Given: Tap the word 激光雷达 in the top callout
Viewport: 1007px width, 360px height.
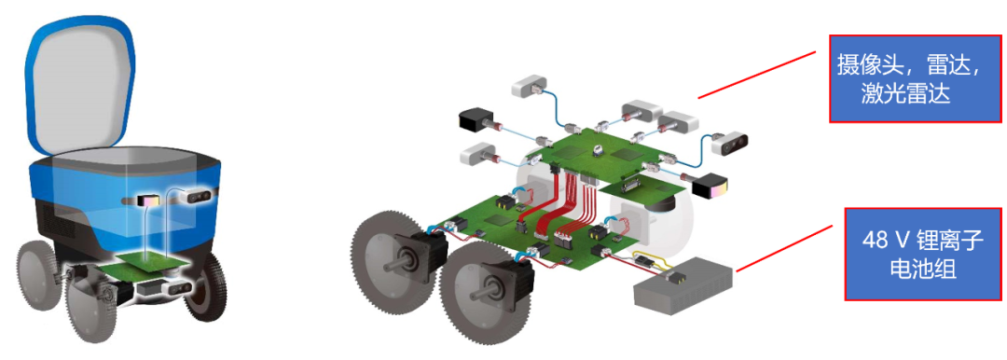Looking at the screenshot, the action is pyautogui.click(x=904, y=95).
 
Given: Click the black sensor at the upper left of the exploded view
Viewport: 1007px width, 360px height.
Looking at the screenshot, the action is pyautogui.click(x=475, y=120).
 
